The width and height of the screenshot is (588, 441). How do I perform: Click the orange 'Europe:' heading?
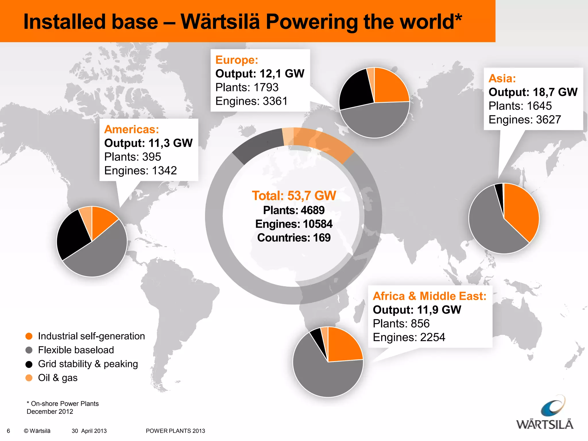237,60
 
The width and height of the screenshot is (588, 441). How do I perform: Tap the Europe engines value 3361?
275,101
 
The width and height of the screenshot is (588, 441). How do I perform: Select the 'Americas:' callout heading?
131,129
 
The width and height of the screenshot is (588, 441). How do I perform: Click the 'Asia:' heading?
502,78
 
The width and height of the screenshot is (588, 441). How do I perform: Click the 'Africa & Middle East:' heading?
430,296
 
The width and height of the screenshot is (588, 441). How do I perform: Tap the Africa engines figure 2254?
432,337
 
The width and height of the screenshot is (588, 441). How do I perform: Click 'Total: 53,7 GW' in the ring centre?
294,196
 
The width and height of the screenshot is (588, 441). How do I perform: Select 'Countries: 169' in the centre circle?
294,238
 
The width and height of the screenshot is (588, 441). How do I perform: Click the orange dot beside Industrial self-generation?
29,336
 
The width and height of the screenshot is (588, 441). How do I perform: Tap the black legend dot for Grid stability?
29,364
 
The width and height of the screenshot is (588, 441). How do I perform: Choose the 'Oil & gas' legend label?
58,378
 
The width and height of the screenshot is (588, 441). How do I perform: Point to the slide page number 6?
8,431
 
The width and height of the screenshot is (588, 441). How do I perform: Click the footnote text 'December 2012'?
50,411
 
